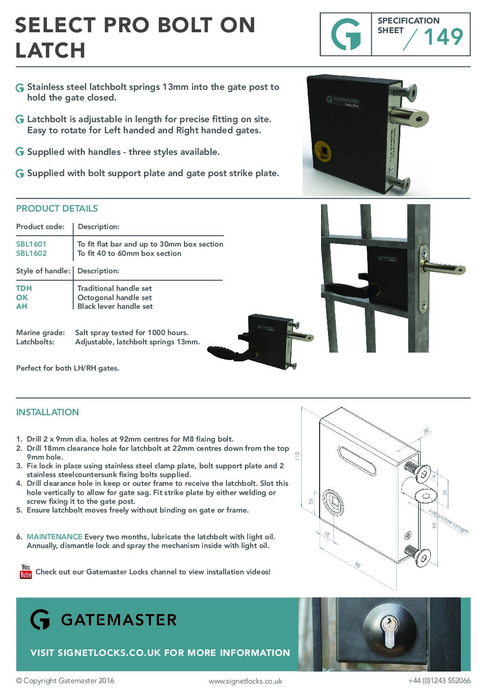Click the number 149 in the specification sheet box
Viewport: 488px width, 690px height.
click(443, 37)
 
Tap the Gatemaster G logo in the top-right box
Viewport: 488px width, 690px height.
click(346, 35)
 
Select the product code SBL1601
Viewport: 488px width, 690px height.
click(31, 244)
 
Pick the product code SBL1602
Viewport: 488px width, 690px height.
click(31, 254)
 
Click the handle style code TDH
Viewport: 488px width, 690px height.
click(24, 289)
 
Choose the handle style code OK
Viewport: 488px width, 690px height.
click(22, 298)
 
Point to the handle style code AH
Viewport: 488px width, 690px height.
click(22, 307)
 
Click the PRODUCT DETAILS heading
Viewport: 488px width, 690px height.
click(57, 209)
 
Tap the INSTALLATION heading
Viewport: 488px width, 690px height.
click(48, 413)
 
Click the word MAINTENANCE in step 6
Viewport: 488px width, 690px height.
click(54, 537)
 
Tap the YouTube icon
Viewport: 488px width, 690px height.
click(26, 572)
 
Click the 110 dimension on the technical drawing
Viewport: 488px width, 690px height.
click(298, 455)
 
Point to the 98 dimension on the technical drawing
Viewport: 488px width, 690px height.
click(357, 565)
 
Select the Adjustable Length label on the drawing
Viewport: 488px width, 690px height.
click(448, 522)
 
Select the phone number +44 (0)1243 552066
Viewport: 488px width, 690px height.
click(439, 681)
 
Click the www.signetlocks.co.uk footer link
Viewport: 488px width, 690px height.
click(245, 681)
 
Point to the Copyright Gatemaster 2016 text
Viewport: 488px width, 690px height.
click(65, 681)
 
